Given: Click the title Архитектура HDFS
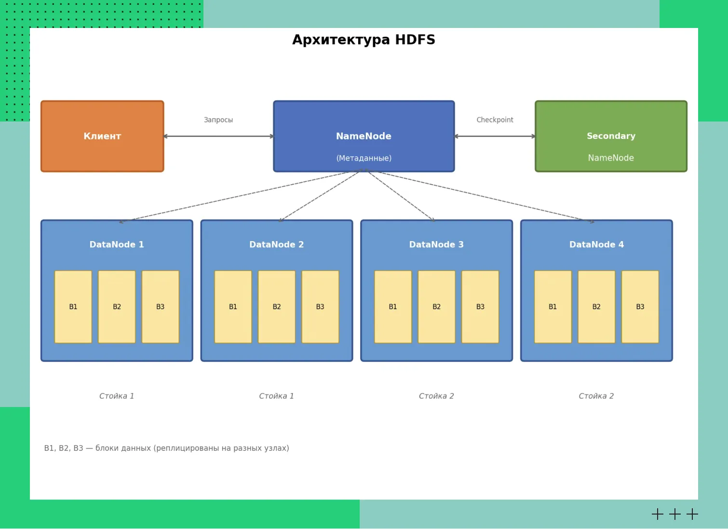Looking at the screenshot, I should point(364,40).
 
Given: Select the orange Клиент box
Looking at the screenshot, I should point(102,136).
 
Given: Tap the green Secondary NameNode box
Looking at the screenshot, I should point(611,136).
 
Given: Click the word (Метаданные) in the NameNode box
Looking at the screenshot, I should point(364,158).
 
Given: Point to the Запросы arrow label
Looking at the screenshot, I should point(218,120).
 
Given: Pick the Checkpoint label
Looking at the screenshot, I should point(495,120).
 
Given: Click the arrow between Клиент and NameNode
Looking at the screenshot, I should point(218,136).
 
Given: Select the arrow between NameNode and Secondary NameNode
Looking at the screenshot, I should point(495,136).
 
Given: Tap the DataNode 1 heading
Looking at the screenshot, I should point(117,244).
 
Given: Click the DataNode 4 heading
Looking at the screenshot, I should point(596,244).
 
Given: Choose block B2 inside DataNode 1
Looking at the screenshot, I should point(117,307).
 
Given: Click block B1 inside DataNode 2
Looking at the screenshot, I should point(233,307).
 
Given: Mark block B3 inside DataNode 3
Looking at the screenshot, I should point(480,307).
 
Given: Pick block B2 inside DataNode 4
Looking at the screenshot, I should point(596,307).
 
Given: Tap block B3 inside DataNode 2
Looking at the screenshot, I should point(320,307).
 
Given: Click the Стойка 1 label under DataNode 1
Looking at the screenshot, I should point(117,396).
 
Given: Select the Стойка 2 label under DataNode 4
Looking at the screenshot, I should point(596,396).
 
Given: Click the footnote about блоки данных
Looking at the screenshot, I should point(166,448).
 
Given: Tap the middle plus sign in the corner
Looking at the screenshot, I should point(675,514).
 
